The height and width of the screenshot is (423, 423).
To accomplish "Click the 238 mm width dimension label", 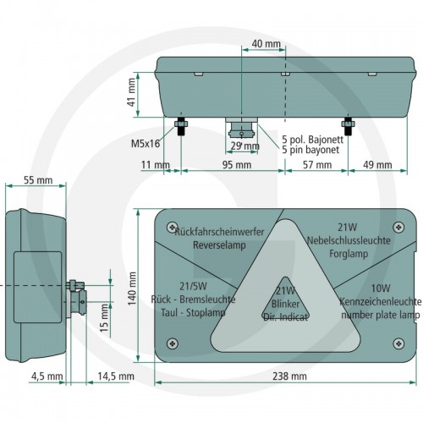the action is (289, 376).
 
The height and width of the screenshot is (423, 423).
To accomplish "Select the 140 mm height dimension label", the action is (132, 288).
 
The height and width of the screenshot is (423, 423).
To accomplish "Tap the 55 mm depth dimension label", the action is (38, 180).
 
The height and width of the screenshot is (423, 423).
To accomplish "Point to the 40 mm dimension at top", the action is (266, 44).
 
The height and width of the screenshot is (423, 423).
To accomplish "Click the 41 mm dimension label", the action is (132, 92).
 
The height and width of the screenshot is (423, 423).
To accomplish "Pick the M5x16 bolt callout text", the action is (146, 144).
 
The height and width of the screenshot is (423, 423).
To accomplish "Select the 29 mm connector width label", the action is (244, 146).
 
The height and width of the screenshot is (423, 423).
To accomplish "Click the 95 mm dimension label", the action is (237, 165).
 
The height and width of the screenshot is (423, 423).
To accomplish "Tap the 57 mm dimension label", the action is (317, 165).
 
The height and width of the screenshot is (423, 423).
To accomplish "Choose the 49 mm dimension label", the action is (377, 165).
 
